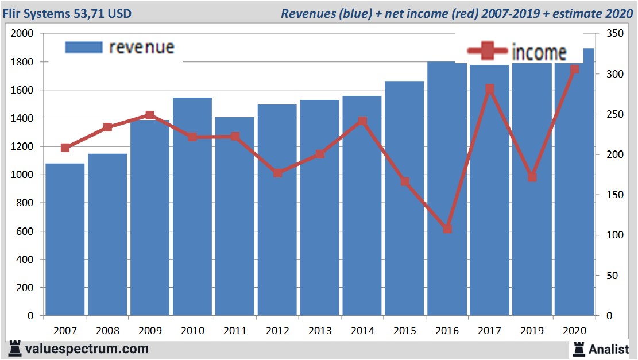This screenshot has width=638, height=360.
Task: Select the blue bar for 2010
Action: (192, 207)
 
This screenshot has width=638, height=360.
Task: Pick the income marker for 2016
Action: (447, 229)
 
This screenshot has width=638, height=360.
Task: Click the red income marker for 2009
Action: (150, 115)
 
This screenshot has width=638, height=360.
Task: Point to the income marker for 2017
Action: (490, 88)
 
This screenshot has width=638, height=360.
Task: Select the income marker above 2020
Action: (575, 69)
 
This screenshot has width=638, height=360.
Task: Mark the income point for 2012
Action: (277, 173)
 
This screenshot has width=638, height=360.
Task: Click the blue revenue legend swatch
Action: (84, 47)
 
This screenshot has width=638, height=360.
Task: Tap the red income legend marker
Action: (488, 52)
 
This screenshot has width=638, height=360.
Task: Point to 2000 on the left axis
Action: (23, 34)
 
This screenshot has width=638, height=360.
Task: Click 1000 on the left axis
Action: (23, 175)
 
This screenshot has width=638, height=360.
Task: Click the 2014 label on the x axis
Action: (362, 331)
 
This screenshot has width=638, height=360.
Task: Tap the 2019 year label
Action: (532, 331)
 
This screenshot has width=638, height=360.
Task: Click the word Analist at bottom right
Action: (609, 349)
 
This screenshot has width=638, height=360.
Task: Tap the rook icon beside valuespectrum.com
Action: (16, 349)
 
